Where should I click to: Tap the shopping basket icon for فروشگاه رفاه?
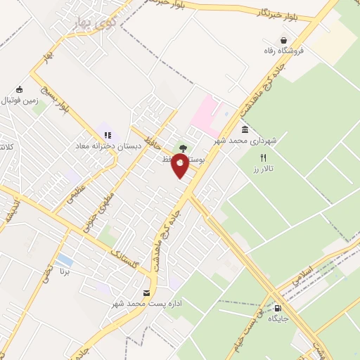[x=283, y=41]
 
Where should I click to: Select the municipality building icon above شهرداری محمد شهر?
[x=245, y=130]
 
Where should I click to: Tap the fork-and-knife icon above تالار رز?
[x=263, y=157]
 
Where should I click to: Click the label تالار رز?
[x=262, y=169]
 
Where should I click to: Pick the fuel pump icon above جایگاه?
[x=278, y=307]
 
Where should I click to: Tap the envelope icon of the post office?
[x=146, y=292]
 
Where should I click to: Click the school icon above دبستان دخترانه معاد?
[x=108, y=135]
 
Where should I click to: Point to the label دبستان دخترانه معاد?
[x=109, y=146]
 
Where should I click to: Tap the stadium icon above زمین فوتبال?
[x=19, y=89]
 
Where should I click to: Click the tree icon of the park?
[x=184, y=148]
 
